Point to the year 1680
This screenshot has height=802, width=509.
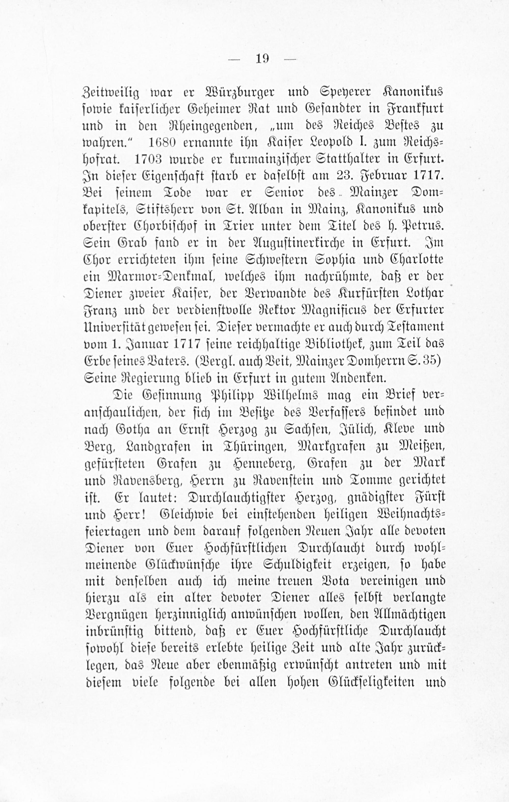click(161, 143)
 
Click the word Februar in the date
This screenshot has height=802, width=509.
click(380, 176)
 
